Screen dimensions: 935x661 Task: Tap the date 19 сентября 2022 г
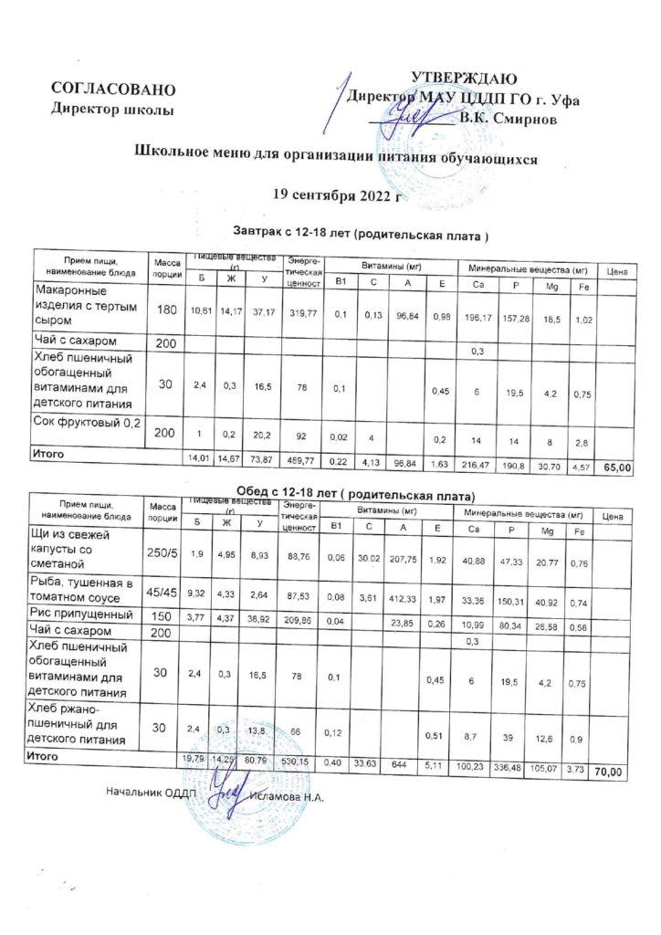338,194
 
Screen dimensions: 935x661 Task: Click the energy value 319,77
303,312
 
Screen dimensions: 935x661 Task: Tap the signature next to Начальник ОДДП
225,791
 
